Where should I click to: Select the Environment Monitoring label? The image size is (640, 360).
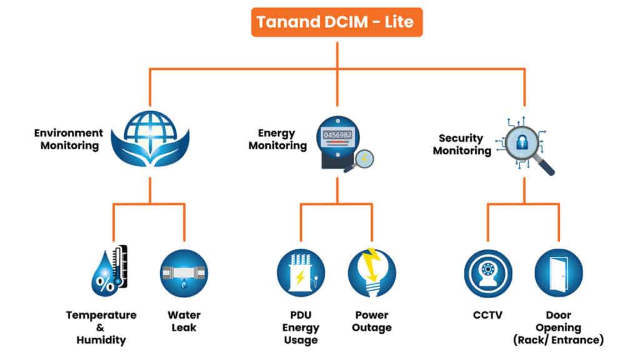[69, 139]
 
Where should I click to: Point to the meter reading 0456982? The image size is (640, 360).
[337, 134]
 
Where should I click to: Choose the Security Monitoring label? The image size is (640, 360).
[462, 144]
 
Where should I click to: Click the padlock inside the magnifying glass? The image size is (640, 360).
[524, 142]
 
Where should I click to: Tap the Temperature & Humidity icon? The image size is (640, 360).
[110, 272]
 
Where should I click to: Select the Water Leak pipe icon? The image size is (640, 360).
[184, 273]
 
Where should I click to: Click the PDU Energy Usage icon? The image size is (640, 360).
[301, 273]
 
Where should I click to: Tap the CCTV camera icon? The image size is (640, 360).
[488, 273]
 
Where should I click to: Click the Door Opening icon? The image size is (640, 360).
[559, 273]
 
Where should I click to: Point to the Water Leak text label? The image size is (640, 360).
[184, 321]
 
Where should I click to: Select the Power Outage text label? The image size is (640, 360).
[372, 321]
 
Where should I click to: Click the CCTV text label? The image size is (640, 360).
[488, 315]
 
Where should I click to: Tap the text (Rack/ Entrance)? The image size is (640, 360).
[559, 340]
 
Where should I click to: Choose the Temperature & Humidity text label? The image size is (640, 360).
[101, 327]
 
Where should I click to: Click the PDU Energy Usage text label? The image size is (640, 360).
[301, 327]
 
